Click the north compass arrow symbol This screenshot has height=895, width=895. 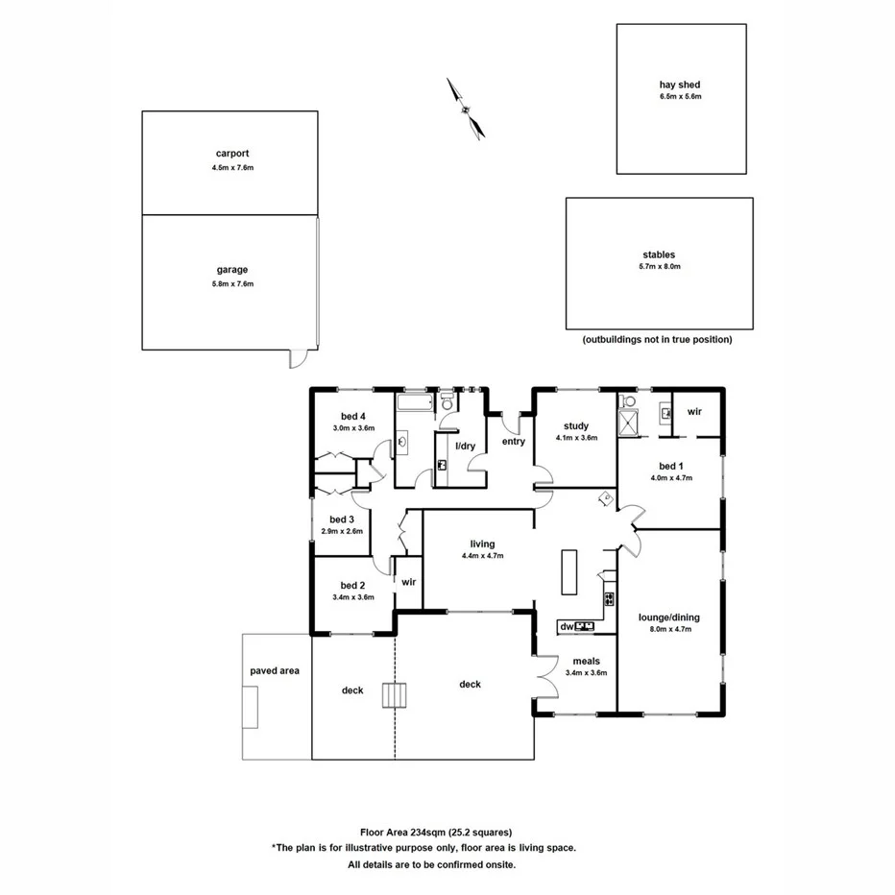click(466, 109)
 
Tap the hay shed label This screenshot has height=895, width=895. click(680, 85)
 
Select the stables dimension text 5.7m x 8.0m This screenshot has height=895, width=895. click(659, 267)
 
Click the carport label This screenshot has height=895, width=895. click(232, 154)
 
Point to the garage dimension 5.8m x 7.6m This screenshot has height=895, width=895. click(232, 284)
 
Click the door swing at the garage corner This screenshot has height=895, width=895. click(301, 359)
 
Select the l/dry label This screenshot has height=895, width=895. click(465, 447)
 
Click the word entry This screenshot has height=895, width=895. click(514, 442)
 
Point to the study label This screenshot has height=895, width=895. click(576, 425)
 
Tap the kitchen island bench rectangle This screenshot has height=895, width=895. click(568, 574)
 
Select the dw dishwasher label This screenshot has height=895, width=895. click(566, 627)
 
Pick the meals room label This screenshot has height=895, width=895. click(586, 661)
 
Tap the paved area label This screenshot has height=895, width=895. click(275, 670)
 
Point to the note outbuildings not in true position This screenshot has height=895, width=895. click(657, 340)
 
